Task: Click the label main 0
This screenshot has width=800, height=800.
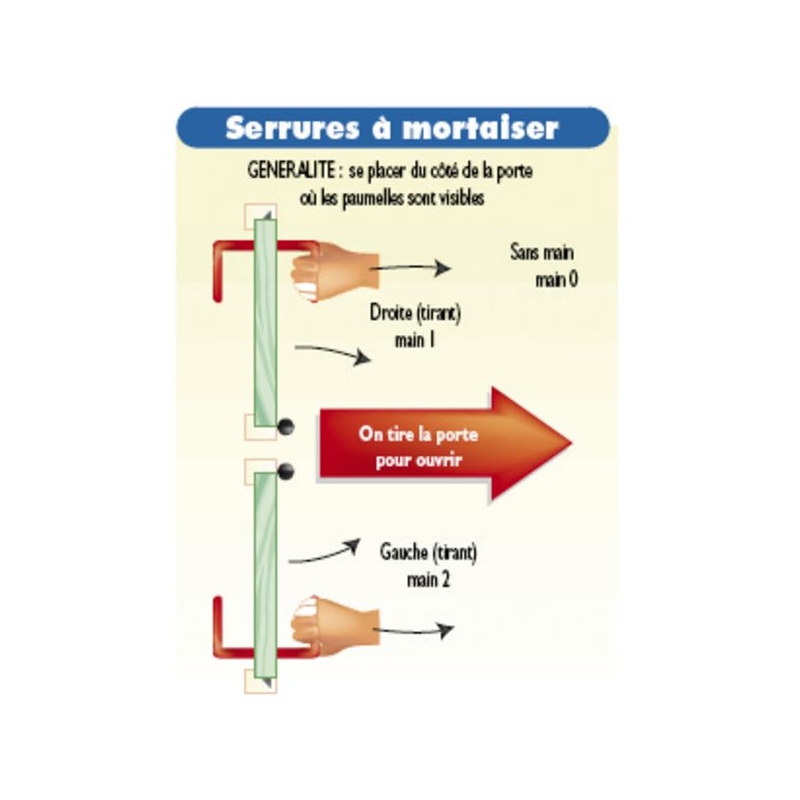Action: coord(556,280)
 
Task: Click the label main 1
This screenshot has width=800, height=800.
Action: coord(415,343)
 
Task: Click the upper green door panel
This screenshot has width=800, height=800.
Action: coord(265,320)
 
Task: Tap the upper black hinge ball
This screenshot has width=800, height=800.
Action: coord(286,426)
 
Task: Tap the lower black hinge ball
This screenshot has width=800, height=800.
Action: coord(286,470)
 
